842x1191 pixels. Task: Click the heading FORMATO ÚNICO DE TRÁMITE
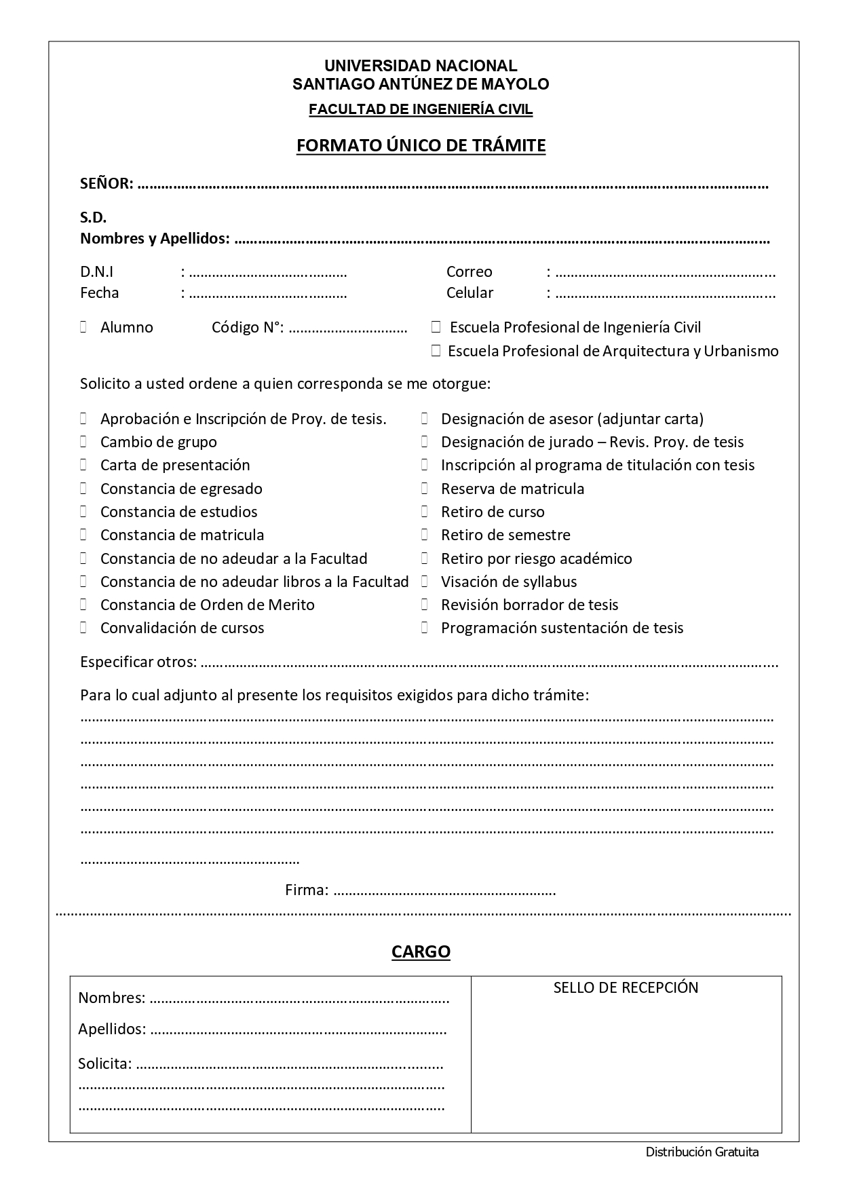[x=421, y=146]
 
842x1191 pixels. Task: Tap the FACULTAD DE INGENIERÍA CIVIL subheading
[x=421, y=109]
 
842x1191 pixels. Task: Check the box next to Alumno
[x=83, y=327]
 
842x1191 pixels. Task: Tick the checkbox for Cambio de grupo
[x=83, y=442]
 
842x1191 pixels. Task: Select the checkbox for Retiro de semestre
[x=425, y=535]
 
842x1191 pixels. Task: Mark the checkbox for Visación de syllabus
[x=425, y=582]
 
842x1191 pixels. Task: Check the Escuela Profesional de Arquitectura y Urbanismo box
[x=436, y=351]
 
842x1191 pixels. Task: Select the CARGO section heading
[x=421, y=951]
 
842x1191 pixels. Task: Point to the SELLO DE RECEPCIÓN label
[x=626, y=987]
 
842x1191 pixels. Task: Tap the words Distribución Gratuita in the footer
[x=702, y=1152]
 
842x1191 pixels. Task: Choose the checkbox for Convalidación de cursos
[x=83, y=628]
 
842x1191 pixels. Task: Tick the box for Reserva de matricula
[x=425, y=489]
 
